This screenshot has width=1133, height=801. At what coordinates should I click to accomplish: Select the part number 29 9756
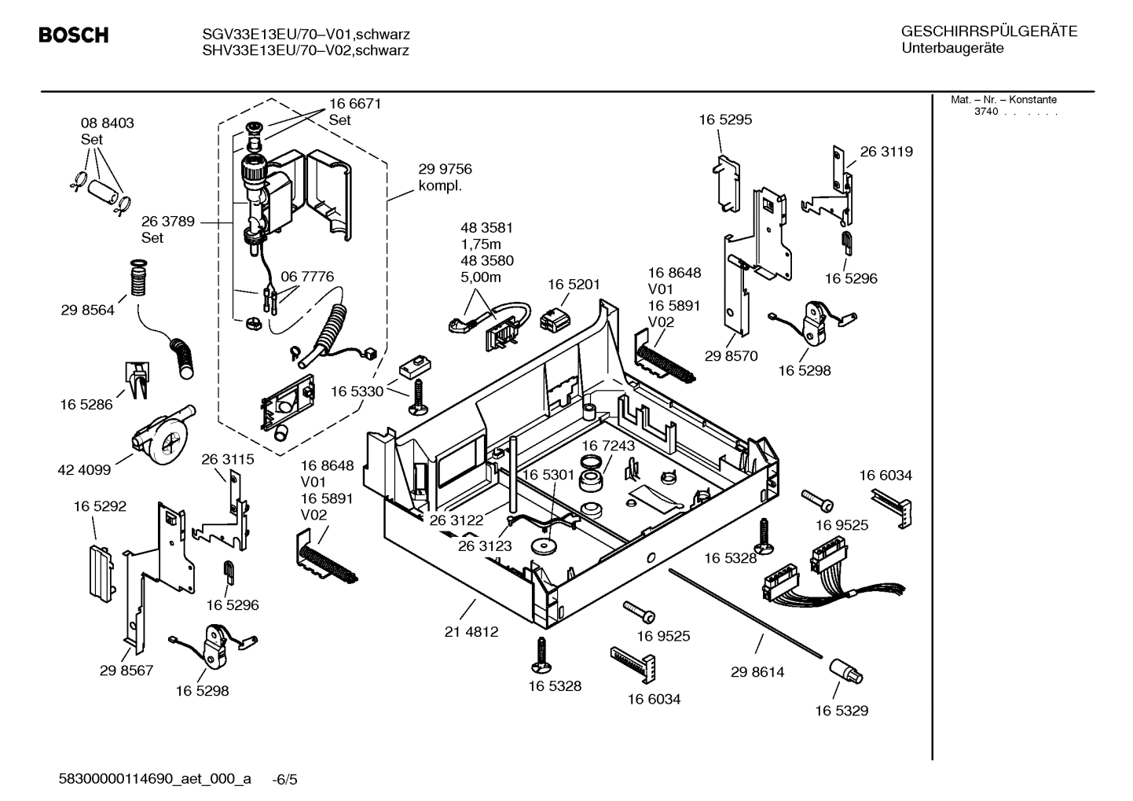[x=445, y=170]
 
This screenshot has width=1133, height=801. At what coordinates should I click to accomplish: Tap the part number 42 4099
[x=84, y=470]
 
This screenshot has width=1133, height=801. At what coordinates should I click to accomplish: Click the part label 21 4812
[x=471, y=631]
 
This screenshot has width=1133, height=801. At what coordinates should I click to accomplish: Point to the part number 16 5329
[x=841, y=711]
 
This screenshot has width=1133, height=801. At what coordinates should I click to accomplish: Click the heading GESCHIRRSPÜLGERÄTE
[x=988, y=32]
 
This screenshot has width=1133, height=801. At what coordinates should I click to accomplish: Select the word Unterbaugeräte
[x=952, y=49]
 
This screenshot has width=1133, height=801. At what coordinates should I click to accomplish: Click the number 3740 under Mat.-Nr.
[x=985, y=112]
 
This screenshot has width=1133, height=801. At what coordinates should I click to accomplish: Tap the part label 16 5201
[x=574, y=284]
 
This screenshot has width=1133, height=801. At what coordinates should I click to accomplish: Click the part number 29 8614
[x=757, y=672]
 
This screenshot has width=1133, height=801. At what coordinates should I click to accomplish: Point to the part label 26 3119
[x=886, y=152]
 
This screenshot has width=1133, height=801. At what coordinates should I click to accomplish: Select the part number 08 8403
[x=107, y=123]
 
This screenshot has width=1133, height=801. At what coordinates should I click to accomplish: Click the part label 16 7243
[x=608, y=446]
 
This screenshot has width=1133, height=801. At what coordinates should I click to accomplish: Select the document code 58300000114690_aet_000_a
[x=155, y=779]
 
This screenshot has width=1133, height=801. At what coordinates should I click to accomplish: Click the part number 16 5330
[x=357, y=391]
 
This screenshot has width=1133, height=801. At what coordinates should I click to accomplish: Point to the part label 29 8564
[x=87, y=310]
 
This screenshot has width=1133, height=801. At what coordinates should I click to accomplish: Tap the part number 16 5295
[x=725, y=120]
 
